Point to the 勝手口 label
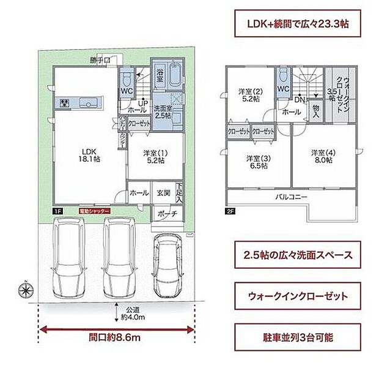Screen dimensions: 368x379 click(x=99, y=61)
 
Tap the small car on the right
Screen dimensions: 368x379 click(x=167, y=264)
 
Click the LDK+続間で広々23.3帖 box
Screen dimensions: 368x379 click(x=295, y=25)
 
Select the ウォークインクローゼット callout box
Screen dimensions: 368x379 click(x=295, y=296)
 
